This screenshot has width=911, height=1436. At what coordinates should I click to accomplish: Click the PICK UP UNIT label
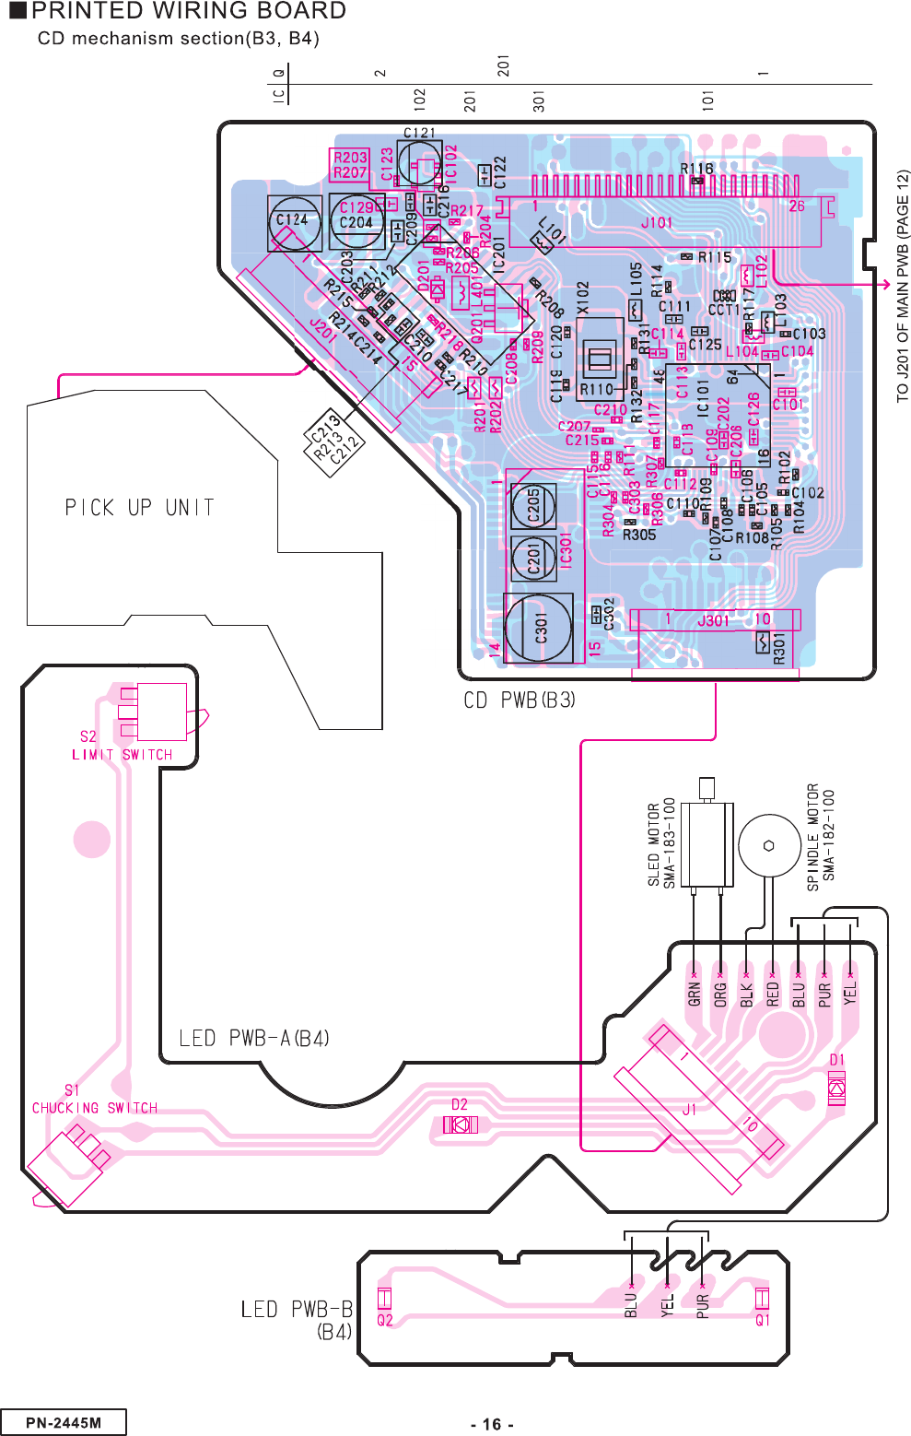[x=139, y=508]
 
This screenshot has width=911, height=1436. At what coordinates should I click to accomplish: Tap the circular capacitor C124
[x=294, y=221]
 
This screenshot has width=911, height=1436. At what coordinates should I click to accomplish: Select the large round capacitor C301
[x=539, y=629]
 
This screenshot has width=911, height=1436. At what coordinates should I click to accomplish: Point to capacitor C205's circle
[x=533, y=504]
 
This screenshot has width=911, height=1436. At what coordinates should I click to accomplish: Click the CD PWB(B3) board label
[x=520, y=700]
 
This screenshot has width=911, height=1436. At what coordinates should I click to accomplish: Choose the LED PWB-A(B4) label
[x=254, y=1039]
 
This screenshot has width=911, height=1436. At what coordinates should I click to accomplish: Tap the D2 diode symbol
[x=460, y=1124]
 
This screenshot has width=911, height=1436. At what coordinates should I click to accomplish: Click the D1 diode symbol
[x=836, y=1089]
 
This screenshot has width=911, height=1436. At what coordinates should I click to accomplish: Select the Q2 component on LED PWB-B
[x=385, y=1298]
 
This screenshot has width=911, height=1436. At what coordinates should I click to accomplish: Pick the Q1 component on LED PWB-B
[x=762, y=1298]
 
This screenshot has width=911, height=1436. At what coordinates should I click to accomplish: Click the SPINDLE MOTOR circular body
[x=768, y=845]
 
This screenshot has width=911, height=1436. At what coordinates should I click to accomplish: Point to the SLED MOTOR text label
[x=654, y=844]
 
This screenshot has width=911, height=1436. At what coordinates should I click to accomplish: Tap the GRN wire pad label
[x=695, y=993]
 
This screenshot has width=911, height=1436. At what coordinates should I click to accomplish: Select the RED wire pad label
[x=773, y=993]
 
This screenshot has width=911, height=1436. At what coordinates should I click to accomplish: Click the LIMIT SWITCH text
[x=123, y=755]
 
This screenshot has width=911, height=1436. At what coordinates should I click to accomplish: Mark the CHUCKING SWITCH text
[x=95, y=1108]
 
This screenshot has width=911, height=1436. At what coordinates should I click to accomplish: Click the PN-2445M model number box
[x=64, y=1422]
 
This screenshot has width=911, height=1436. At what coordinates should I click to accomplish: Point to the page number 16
[x=492, y=1424]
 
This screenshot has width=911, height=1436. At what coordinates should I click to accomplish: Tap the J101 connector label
[x=657, y=222]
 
